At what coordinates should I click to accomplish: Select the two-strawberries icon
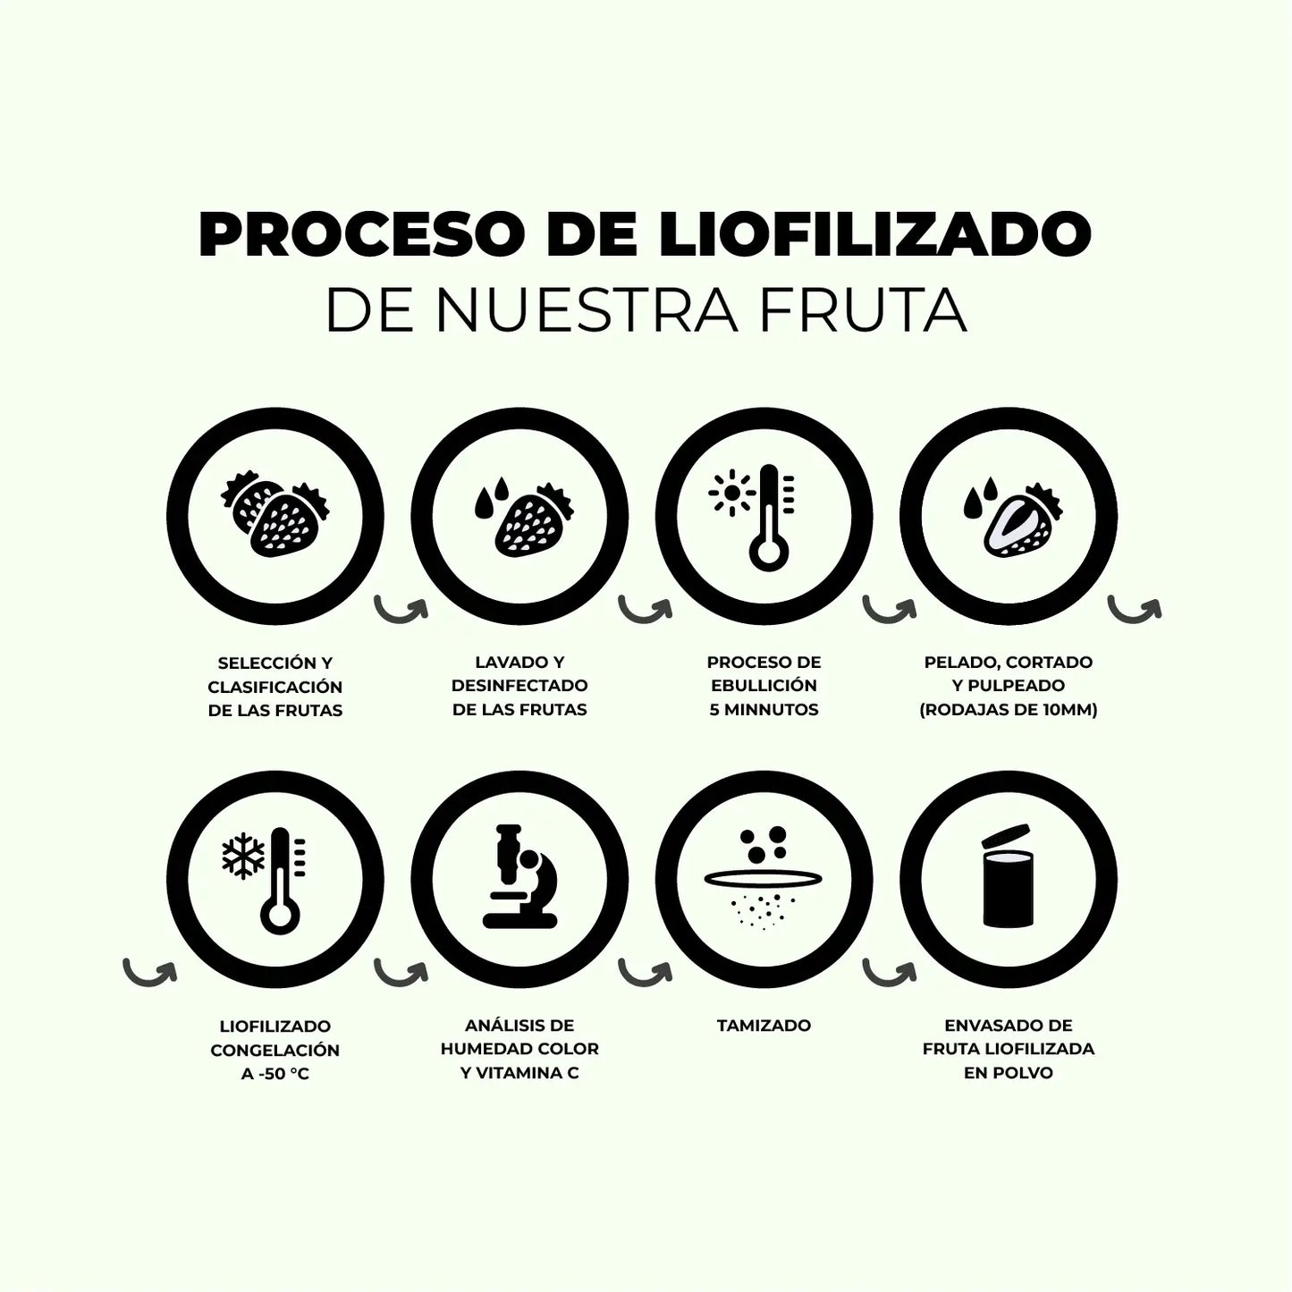click(x=274, y=514)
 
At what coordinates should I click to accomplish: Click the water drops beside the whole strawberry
click(x=492, y=497)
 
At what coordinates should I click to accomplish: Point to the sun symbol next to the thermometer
click(x=732, y=493)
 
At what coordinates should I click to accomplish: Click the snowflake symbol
click(x=243, y=857)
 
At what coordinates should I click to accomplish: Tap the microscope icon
click(x=519, y=876)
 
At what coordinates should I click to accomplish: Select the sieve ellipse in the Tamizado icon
click(x=763, y=878)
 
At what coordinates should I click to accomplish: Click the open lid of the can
click(x=1005, y=837)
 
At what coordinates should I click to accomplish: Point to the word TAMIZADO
click(x=764, y=1026)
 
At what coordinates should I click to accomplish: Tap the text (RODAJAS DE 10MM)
click(x=1009, y=709)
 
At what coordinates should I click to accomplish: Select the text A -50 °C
click(x=274, y=1074)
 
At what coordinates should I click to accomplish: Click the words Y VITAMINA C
click(x=519, y=1073)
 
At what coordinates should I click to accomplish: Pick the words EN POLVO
click(x=1009, y=1073)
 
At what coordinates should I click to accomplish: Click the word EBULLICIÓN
click(x=764, y=685)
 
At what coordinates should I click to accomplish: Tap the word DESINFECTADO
click(x=519, y=685)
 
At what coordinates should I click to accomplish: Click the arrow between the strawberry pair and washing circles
click(x=401, y=609)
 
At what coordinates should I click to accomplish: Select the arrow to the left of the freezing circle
click(x=149, y=972)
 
